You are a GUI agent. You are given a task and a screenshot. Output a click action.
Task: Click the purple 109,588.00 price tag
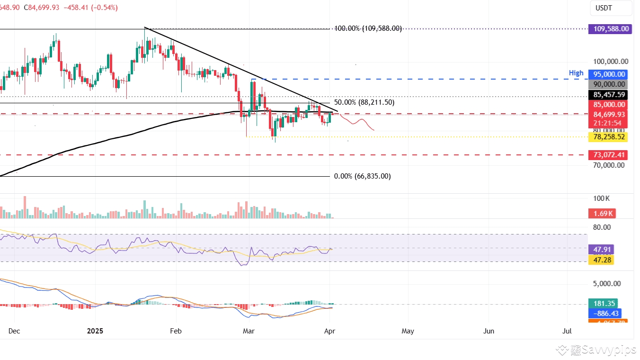click(x=610, y=29)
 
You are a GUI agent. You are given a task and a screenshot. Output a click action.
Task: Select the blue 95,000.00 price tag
click(x=608, y=74)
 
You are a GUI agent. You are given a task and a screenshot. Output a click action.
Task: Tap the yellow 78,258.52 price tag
click(x=608, y=137)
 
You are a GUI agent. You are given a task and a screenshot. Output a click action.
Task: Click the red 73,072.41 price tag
click(x=608, y=155)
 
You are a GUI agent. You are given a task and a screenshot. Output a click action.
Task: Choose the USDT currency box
click(x=610, y=8)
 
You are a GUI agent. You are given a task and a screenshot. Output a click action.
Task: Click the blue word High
click(x=576, y=73)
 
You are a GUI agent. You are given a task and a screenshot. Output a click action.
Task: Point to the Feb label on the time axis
click(x=176, y=331)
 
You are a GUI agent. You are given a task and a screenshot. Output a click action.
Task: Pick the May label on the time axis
click(x=408, y=331)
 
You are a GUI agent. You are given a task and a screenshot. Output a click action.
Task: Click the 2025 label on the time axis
click(x=95, y=331)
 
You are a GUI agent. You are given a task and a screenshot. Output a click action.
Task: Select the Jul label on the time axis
click(x=567, y=331)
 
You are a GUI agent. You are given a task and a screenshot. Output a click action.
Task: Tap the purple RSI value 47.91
click(x=601, y=250)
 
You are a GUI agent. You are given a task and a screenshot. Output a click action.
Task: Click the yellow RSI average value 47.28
click(x=601, y=259)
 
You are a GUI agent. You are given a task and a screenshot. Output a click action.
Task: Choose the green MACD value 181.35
click(x=603, y=304)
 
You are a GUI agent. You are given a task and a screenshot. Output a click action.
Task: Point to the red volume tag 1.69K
click(x=601, y=214)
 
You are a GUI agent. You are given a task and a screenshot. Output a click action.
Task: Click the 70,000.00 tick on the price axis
click(x=608, y=165)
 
